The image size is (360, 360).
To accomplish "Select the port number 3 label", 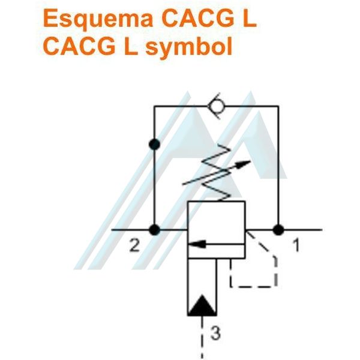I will pyautogui.click(x=215, y=334).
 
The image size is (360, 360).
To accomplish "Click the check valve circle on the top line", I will pyautogui.click(x=215, y=107).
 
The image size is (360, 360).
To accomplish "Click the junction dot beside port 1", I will pyautogui.click(x=277, y=229).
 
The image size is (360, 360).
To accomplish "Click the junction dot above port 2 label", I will pyautogui.click(x=154, y=229).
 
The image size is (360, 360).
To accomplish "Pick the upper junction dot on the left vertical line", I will pyautogui.click(x=154, y=144).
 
